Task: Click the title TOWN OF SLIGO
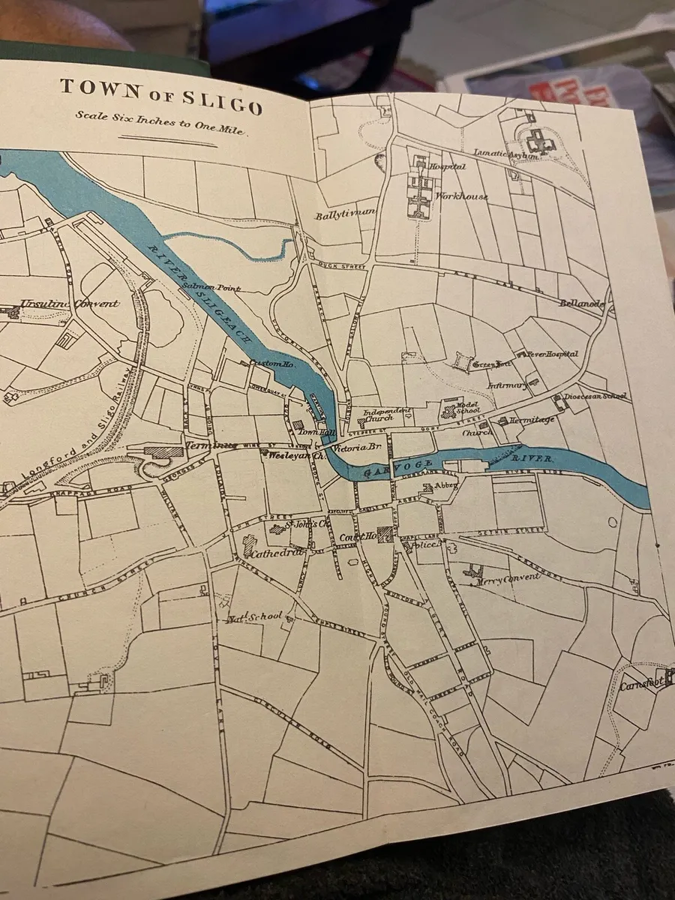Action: (x=161, y=97)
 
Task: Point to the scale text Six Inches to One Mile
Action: (x=161, y=121)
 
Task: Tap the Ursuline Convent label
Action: (x=69, y=304)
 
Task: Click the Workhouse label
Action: (x=461, y=196)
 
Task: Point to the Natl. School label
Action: (x=256, y=617)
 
